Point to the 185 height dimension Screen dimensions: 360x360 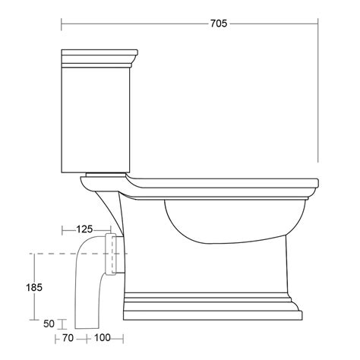coord(33,288)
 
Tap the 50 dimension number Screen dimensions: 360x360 coord(49,324)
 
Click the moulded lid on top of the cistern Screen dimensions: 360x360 coord(99,58)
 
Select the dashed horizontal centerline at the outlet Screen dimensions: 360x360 coord(46,252)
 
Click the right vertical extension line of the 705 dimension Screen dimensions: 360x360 coord(317,91)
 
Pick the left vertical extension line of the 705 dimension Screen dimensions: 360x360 coord(62,34)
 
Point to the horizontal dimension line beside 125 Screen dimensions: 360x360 coord(67,227)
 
